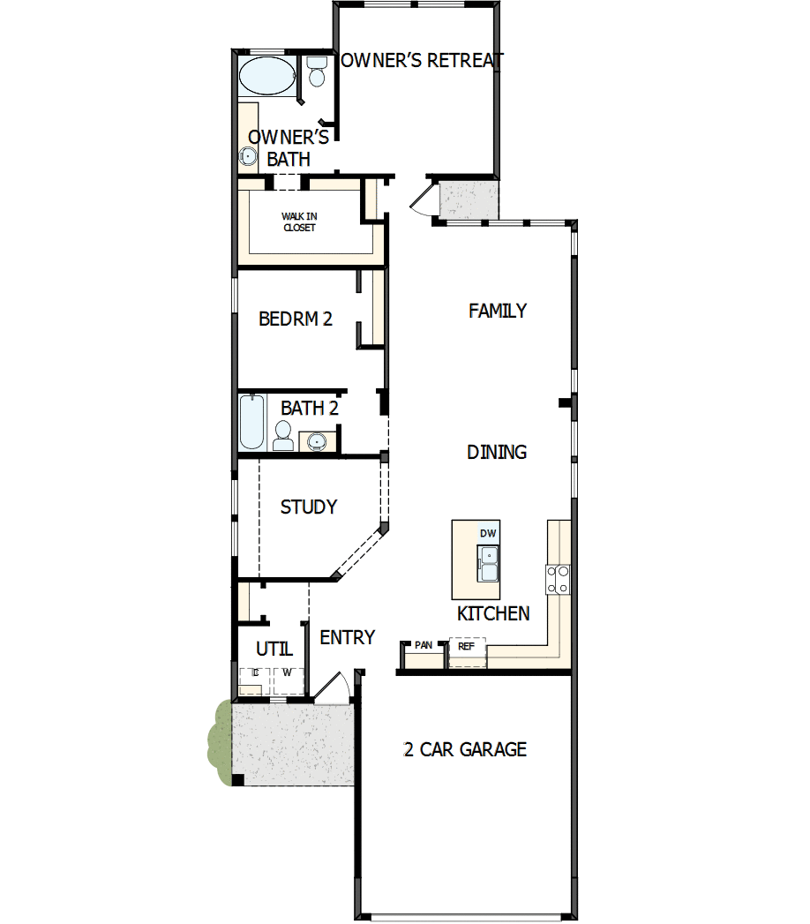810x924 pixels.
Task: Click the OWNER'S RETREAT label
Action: [x=422, y=60]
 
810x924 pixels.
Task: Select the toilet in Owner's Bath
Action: [x=316, y=72]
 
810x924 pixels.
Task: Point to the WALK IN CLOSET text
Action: [x=299, y=222]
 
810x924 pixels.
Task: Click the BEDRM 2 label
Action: [x=295, y=319]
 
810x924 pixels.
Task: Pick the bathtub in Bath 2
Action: [x=251, y=423]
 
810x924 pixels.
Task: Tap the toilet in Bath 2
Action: [x=283, y=435]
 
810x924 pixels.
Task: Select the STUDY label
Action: [x=308, y=507]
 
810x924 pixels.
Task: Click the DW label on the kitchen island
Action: [x=488, y=533]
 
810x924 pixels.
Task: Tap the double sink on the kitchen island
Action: [x=488, y=563]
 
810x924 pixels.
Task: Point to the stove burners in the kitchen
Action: [x=559, y=578]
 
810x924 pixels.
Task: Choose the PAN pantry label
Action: [x=424, y=645]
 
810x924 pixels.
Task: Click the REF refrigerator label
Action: [x=466, y=646]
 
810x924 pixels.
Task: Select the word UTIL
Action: [x=274, y=649]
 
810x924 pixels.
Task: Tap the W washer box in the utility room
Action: [x=286, y=673]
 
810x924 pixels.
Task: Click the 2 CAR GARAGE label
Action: [x=464, y=749]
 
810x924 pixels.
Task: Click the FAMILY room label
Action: [x=498, y=311]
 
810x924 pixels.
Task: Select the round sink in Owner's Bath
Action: [x=248, y=157]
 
